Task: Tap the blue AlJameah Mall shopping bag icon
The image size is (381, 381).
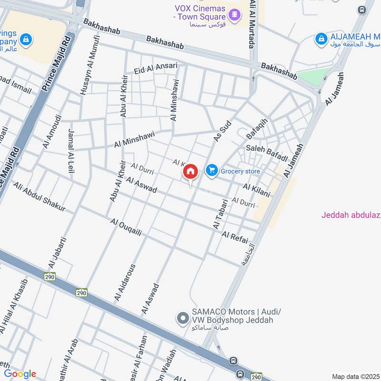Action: point(321,39)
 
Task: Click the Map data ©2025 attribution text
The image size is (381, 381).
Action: point(356,376)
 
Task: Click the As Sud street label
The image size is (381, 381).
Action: point(222,130)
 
